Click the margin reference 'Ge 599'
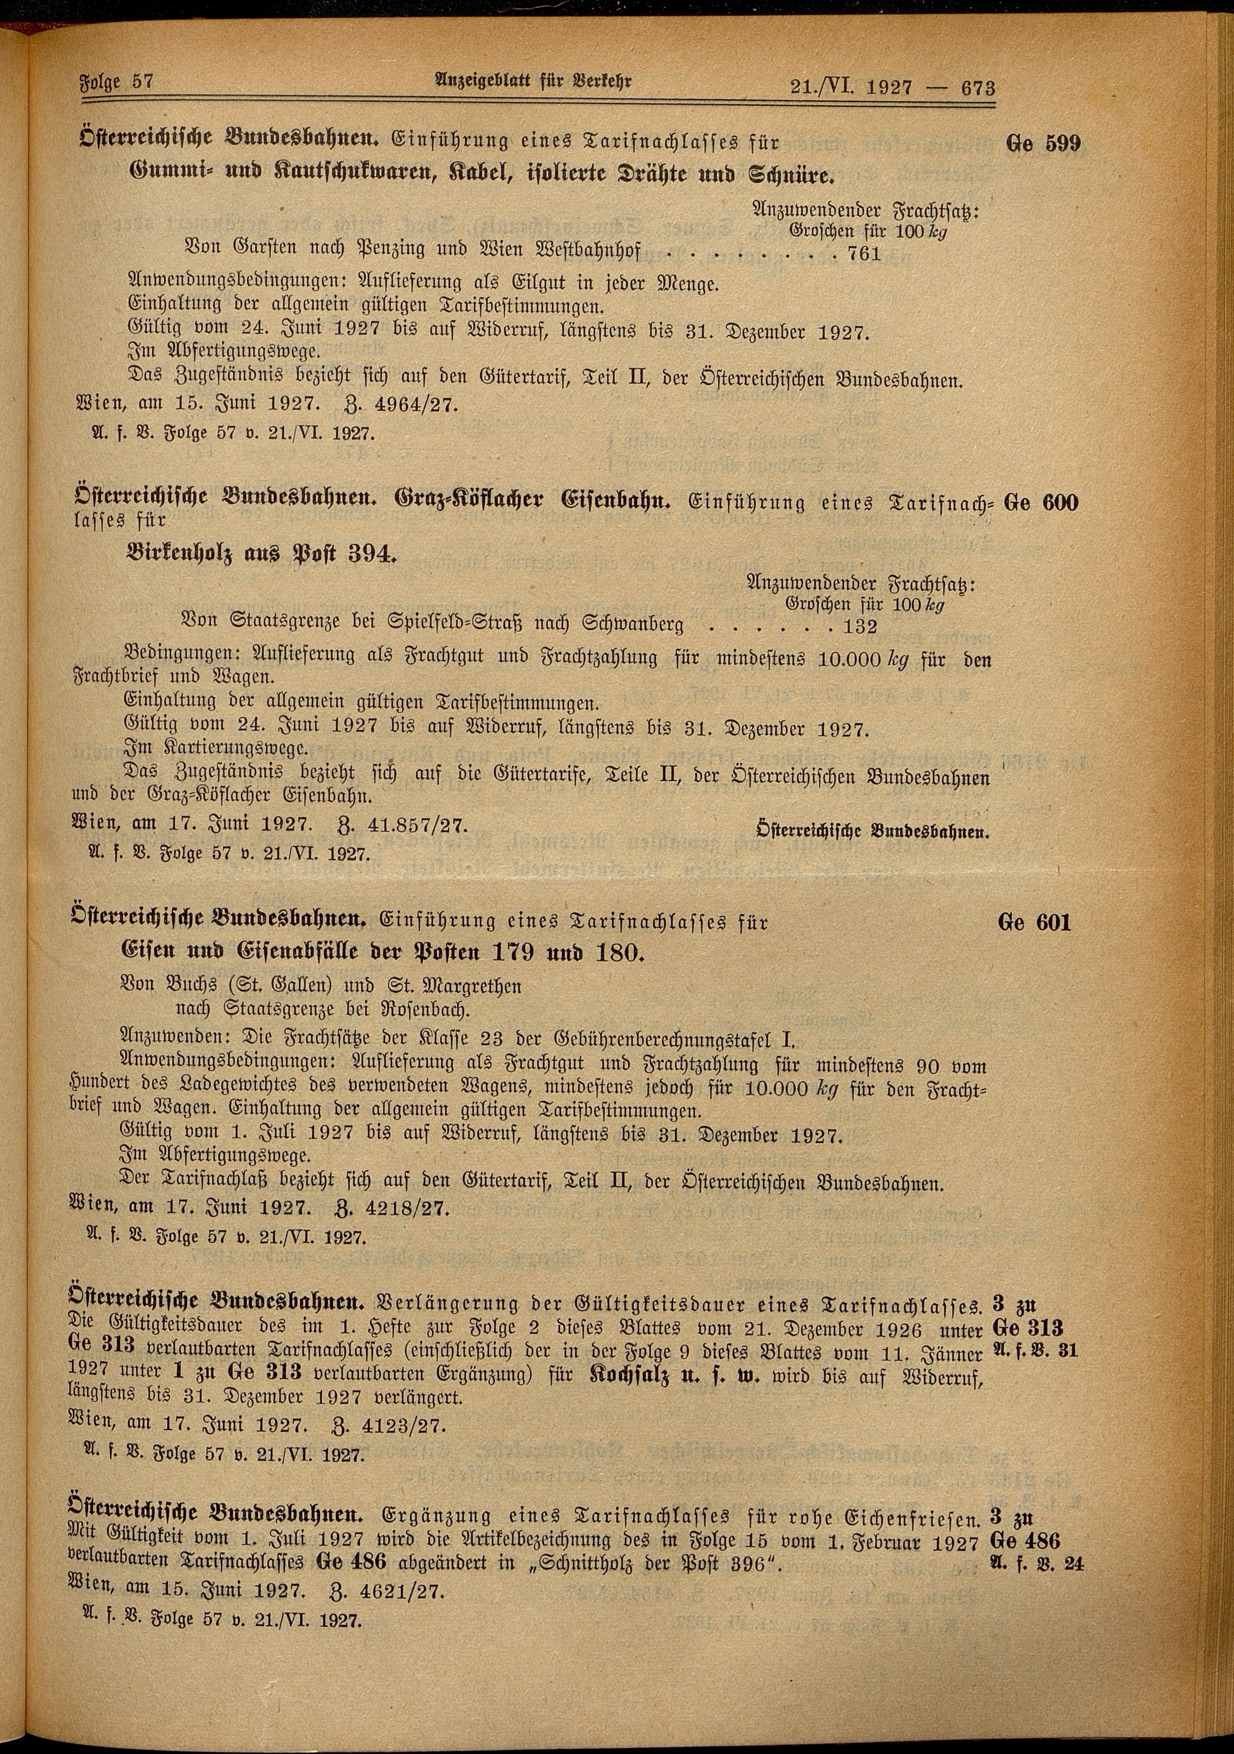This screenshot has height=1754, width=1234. point(1044,144)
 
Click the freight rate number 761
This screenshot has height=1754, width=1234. point(864,254)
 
